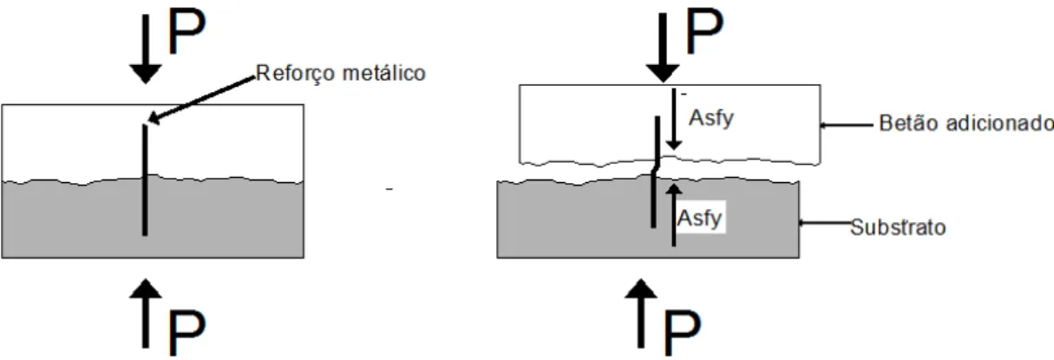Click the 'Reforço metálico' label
tap(341, 74)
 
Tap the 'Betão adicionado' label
tap(966, 123)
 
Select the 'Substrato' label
tap(898, 227)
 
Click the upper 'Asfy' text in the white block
tap(711, 118)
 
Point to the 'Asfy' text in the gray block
tap(700, 218)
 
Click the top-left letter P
tap(187, 31)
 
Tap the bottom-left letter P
tap(187, 332)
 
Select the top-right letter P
tap(704, 31)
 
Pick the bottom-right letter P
tap(682, 332)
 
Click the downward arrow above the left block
tap(146, 49)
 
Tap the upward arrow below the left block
tap(146, 313)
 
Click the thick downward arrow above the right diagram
tap(663, 48)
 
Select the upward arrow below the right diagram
tap(641, 313)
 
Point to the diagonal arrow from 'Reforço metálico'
tap(201, 101)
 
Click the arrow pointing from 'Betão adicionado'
tap(846, 125)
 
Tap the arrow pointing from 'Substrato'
tap(825, 223)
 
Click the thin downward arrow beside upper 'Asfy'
tap(674, 120)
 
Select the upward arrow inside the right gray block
tap(674, 215)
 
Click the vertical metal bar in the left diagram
tap(145, 180)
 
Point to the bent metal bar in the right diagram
tap(656, 172)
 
